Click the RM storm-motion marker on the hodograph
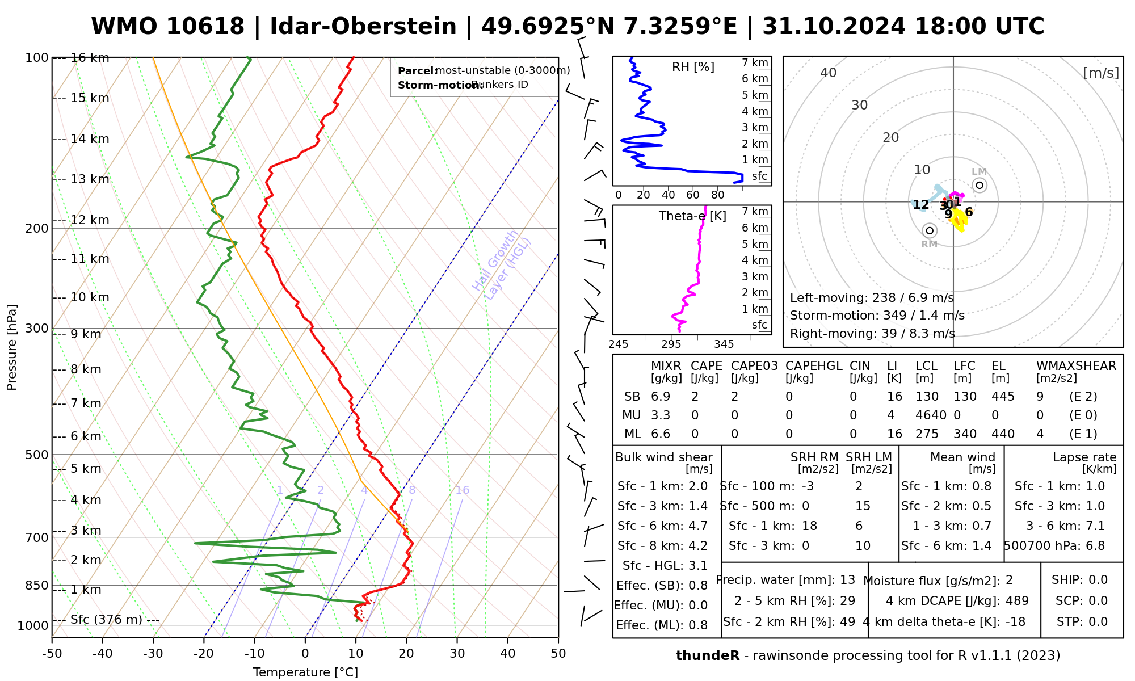coord(929,230)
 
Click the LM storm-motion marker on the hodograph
coord(980,185)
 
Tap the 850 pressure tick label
coord(37,585)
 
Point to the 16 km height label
coord(90,58)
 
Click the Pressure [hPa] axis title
coord(12,347)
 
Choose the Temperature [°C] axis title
coord(305,672)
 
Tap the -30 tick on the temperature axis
coord(153,654)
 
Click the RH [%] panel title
coord(693,67)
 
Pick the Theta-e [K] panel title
coord(692,216)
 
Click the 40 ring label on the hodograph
coord(829,73)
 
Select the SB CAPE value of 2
coord(695,397)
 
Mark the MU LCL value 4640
coord(931,415)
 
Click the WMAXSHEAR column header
coord(1076,366)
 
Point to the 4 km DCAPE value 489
coord(1017,600)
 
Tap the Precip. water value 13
coord(847,580)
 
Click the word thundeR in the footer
coord(708,656)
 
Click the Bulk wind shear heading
coord(663,457)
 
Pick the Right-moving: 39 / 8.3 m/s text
coord(872,333)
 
